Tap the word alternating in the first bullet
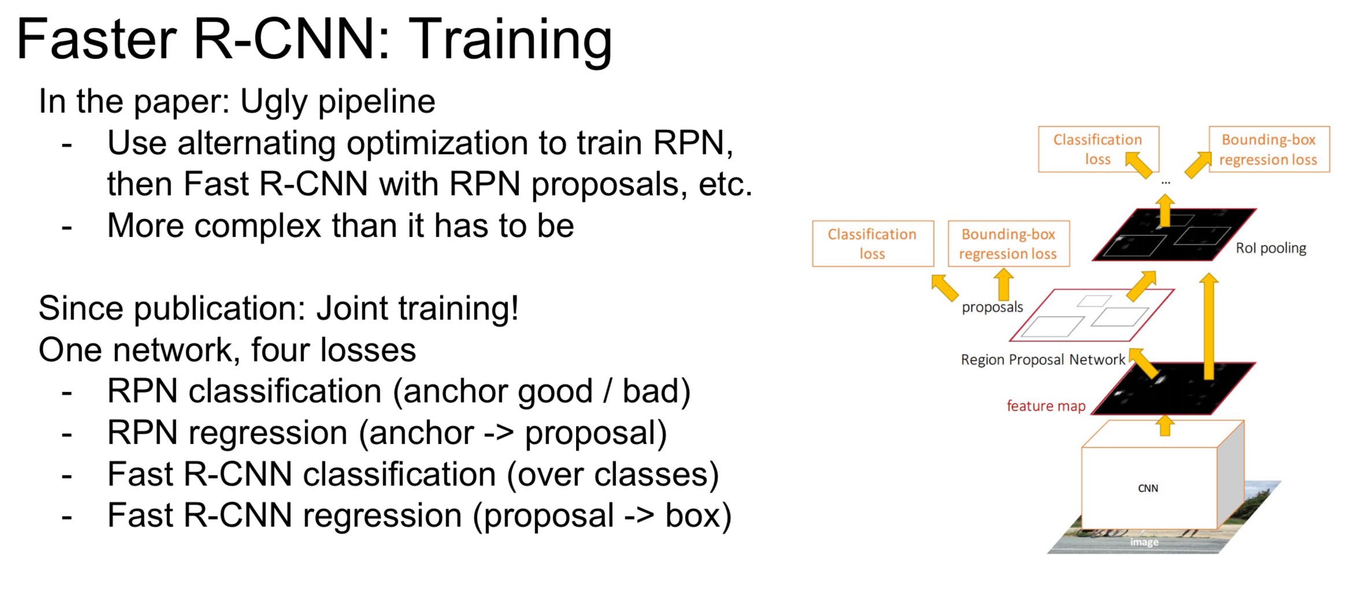pos(256,143)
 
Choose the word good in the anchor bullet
pos(555,392)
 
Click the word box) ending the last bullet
pos(698,516)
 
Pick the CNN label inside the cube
pos(1148,488)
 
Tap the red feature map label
pos(1046,406)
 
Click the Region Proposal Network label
pos(1043,360)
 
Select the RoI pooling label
pos(1271,248)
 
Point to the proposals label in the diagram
pos(992,307)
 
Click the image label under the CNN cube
pos(1144,542)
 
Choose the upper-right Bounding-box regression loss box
pos(1269,149)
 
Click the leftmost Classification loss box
pos(873,243)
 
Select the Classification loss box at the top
pos(1098,149)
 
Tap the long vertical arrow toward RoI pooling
pos(1208,327)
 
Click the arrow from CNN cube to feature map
pos(1165,426)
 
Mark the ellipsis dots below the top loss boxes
pos(1166,183)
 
